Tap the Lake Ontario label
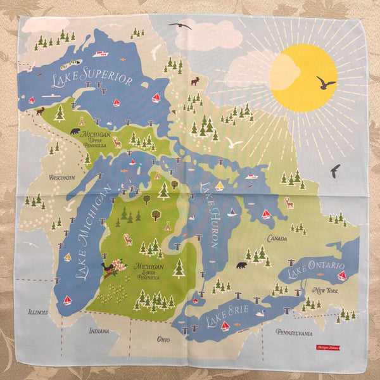pos(315,269)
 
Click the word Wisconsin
pos(62,177)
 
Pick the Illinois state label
pos(39,312)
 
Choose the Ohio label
pos(163,339)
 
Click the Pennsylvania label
pos(294,331)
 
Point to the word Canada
pos(277,238)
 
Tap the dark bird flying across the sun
pos(326,83)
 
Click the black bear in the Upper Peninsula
pos(75,132)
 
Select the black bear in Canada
pos(241,265)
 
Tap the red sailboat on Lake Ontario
pos(342,275)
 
